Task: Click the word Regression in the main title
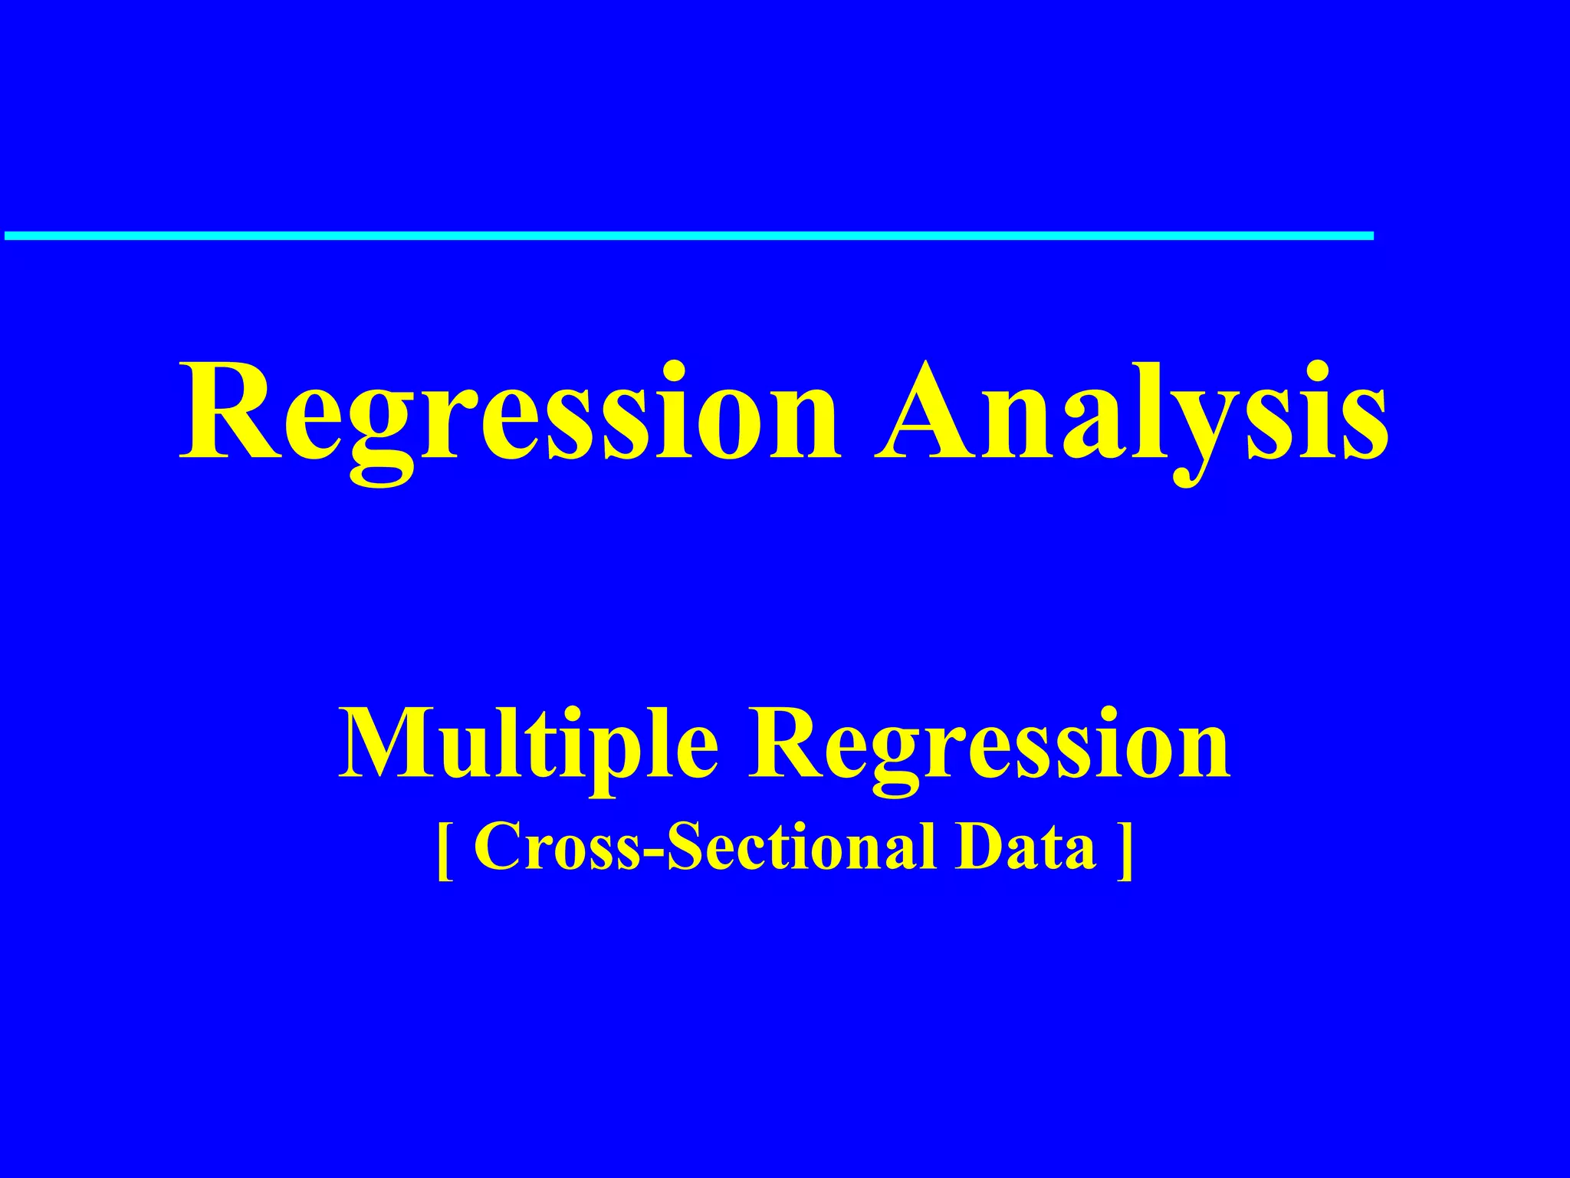click(510, 414)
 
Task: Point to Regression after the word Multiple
click(989, 744)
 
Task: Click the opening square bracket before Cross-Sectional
click(444, 850)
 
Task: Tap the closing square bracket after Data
click(1125, 850)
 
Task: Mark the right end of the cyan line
click(1371, 235)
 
